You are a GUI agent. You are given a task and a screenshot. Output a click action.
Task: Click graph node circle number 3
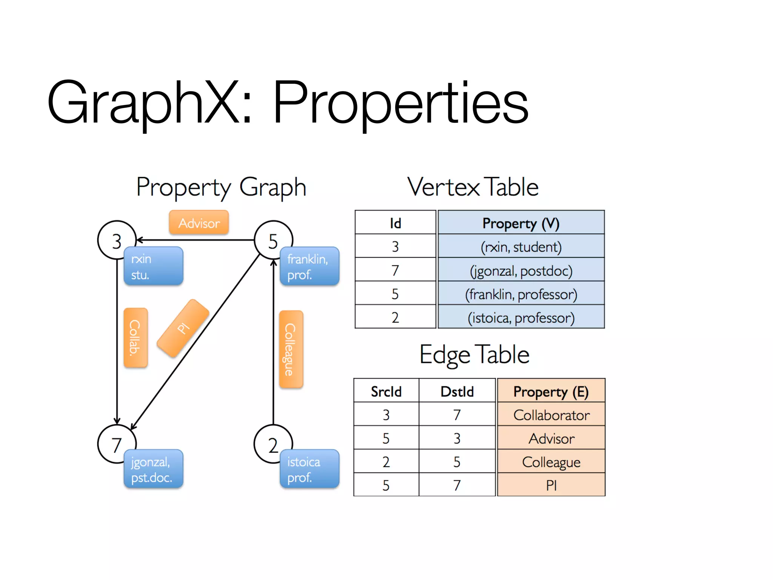(116, 240)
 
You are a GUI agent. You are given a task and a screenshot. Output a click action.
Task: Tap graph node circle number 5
(273, 240)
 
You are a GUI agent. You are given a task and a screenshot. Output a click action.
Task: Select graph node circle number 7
(116, 444)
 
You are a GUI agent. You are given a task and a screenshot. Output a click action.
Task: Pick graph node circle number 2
(273, 444)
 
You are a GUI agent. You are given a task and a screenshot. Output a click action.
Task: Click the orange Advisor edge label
(199, 223)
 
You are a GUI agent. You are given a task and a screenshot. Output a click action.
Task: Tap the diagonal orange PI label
(183, 328)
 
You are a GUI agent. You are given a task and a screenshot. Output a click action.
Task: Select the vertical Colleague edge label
(291, 349)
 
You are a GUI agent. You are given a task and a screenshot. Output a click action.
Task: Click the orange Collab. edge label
(135, 337)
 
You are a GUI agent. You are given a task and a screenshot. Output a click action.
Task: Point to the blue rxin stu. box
(154, 266)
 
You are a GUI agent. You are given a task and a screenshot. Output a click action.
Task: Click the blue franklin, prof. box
(310, 266)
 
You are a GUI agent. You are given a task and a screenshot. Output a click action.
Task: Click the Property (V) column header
(521, 223)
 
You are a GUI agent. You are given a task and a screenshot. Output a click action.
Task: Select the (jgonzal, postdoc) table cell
(521, 270)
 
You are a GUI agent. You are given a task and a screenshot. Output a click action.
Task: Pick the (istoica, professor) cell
(521, 318)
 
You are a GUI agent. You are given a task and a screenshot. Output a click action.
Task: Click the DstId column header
(457, 391)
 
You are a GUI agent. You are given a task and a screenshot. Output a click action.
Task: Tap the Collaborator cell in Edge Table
(551, 415)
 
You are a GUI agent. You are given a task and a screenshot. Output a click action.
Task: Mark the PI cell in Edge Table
(551, 485)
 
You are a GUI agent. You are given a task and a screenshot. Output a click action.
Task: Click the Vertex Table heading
(473, 187)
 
